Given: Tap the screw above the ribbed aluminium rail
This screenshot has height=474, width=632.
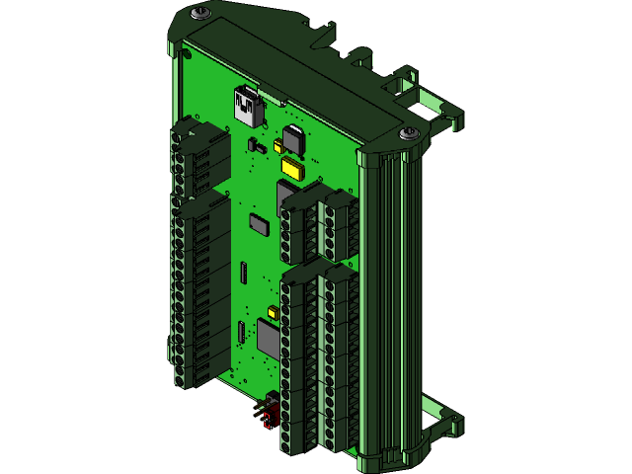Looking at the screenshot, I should click(408, 132).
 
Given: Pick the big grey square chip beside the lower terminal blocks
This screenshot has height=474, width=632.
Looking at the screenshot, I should click(270, 338).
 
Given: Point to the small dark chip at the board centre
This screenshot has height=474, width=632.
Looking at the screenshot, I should click(259, 224).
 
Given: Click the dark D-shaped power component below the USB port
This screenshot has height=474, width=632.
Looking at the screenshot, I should click(294, 139).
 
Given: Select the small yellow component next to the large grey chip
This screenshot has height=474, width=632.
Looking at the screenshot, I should click(273, 313).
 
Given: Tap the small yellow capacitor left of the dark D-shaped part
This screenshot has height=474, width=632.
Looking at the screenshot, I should click(278, 147).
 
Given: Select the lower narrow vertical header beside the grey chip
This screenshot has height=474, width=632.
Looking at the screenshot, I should click(240, 333).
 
